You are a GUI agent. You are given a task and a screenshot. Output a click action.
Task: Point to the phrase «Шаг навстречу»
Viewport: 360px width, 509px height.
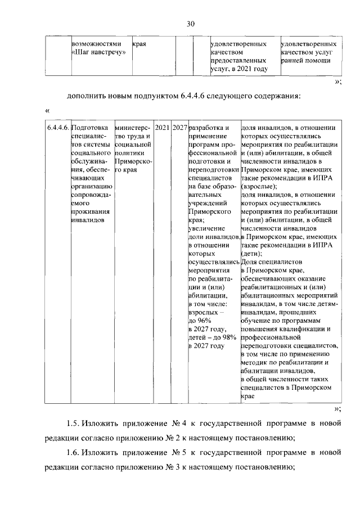pos(98,52)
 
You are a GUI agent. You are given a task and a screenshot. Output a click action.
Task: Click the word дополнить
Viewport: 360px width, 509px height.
pos(87,95)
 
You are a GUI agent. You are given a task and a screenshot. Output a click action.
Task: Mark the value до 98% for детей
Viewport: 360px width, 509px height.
pos(226,337)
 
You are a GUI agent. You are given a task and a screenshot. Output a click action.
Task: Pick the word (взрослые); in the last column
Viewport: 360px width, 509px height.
pos(259,186)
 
